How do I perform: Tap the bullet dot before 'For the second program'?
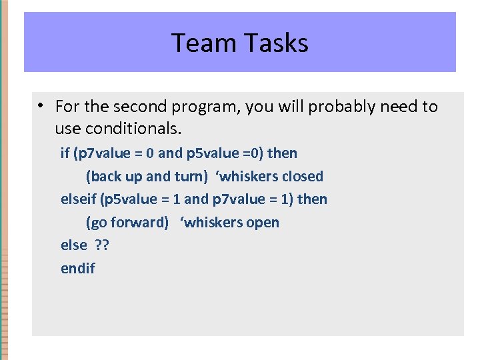pyautogui.click(x=41, y=106)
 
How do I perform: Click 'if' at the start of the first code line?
pyautogui.click(x=65, y=153)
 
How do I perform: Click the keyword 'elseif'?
pyautogui.click(x=78, y=199)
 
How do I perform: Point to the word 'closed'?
pyautogui.click(x=302, y=177)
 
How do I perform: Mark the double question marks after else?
pyautogui.click(x=101, y=245)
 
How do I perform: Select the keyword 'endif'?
pyautogui.click(x=77, y=269)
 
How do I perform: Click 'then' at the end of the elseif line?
pyautogui.click(x=312, y=199)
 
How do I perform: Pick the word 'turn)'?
pyautogui.click(x=193, y=177)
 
